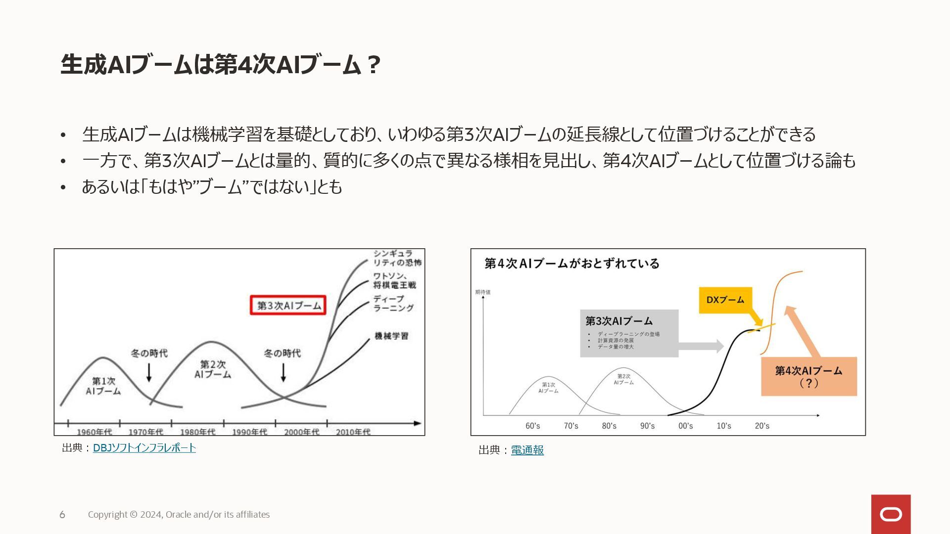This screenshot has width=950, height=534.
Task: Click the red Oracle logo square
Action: coord(891,514)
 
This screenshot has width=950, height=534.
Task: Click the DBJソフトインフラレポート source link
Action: coord(144,448)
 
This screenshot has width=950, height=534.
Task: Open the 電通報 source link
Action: coord(527,450)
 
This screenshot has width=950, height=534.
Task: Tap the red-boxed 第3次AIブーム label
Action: coord(288,306)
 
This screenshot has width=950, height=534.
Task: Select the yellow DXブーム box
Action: coord(725,300)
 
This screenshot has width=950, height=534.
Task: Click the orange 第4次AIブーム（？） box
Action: coord(808,377)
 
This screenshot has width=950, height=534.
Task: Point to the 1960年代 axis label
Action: coord(94,432)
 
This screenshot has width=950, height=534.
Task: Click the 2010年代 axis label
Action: coord(353,432)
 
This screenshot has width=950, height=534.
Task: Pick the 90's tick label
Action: coord(647,426)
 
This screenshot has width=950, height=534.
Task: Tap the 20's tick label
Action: coord(762,426)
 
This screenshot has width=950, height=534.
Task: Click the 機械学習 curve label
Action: coord(391,336)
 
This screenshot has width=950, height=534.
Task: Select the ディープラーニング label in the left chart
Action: coord(393,303)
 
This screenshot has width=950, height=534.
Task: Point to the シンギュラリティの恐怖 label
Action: coord(397,258)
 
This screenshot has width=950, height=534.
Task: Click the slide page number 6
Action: coord(62,515)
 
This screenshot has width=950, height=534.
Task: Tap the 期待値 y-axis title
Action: coord(483,292)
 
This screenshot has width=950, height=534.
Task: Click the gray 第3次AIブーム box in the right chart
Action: coord(629,333)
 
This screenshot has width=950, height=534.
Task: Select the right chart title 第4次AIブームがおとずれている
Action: coord(571,264)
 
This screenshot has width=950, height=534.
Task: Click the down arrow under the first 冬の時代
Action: coord(149,372)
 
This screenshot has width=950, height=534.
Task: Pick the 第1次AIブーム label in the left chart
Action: coord(103,386)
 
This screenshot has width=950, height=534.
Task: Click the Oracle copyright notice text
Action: coord(179,515)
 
